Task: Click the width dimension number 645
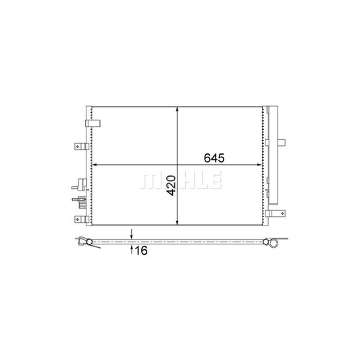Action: (x=213, y=157)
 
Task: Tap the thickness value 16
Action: (x=140, y=251)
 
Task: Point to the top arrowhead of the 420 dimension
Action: (x=177, y=109)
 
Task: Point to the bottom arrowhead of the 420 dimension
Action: (x=177, y=222)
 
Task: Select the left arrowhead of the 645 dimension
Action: (x=95, y=164)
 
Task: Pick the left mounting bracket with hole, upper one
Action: (x=80, y=147)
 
